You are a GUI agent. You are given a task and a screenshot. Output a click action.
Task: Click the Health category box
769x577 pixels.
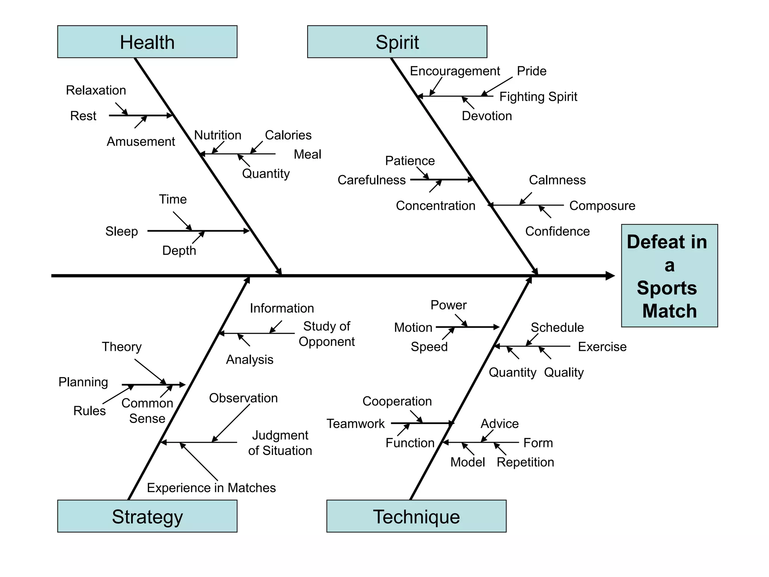pos(147,42)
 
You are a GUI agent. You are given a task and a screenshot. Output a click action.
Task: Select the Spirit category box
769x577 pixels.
pos(397,42)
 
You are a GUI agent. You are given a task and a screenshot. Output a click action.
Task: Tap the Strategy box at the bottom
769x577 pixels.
pos(147,516)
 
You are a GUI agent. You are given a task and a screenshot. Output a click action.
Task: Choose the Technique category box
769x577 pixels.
pos(416,516)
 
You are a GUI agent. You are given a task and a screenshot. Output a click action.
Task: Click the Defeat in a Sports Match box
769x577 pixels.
pos(669,276)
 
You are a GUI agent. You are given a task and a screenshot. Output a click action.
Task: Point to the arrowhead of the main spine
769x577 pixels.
pos(610,276)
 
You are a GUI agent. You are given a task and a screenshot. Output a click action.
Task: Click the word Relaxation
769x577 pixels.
pos(96,90)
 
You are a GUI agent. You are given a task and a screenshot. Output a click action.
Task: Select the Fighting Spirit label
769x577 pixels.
pos(538,97)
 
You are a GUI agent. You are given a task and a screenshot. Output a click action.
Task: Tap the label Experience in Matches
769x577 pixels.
pos(211,488)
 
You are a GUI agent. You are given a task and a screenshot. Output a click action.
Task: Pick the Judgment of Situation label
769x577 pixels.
pos(280,443)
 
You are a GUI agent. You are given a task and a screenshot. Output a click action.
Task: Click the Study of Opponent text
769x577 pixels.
pos(326,334)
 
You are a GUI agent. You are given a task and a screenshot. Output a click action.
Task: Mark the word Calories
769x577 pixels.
pos(288,135)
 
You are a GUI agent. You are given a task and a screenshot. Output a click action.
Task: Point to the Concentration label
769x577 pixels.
pos(436,205)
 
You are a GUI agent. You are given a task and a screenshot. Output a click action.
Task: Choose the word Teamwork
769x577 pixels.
pos(355,423)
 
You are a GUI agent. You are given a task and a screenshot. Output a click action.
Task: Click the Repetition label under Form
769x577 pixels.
pos(525,462)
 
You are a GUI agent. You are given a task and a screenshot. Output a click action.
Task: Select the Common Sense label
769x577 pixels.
pos(147,411)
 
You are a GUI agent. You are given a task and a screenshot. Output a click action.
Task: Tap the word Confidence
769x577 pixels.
pos(557,231)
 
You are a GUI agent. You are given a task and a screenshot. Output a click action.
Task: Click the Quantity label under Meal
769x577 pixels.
pos(265,173)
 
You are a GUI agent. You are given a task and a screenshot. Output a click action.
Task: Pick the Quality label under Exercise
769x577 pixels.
pos(564,372)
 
